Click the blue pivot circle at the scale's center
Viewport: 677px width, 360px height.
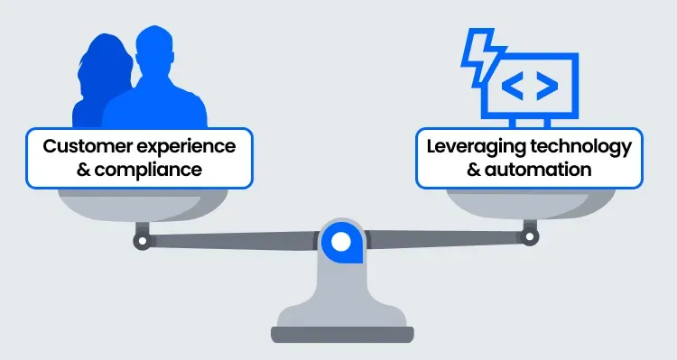340,241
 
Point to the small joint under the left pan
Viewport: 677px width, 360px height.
142,241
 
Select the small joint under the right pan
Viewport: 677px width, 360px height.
530,237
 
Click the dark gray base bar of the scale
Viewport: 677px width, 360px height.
341,335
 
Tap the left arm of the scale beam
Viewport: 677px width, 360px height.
235,241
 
